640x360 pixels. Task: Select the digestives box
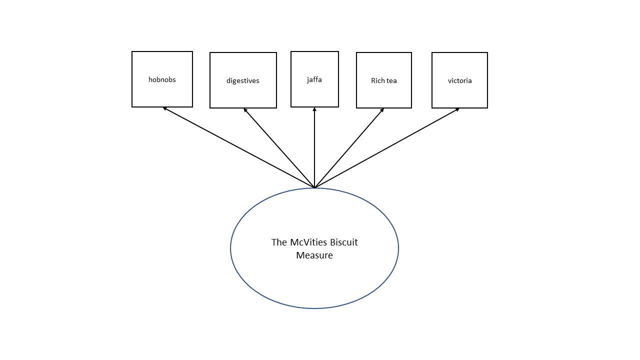click(x=243, y=95)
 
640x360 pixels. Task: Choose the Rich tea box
click(x=384, y=95)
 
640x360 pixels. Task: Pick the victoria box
click(x=459, y=95)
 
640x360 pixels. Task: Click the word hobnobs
click(x=162, y=79)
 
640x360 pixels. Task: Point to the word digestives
click(x=243, y=80)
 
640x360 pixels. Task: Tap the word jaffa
click(x=314, y=79)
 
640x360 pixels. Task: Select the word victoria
click(x=459, y=80)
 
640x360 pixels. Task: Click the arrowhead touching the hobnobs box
click(x=164, y=108)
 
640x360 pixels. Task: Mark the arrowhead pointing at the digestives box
click(x=245, y=109)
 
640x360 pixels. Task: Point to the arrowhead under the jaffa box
click(x=314, y=109)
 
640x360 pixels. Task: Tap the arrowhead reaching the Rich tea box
click(x=382, y=110)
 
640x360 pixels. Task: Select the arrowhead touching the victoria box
click(x=457, y=109)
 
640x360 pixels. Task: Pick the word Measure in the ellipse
click(x=314, y=255)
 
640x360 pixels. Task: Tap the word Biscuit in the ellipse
click(x=342, y=242)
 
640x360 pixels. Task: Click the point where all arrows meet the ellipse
click(x=314, y=188)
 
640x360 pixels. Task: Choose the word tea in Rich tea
click(x=391, y=80)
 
